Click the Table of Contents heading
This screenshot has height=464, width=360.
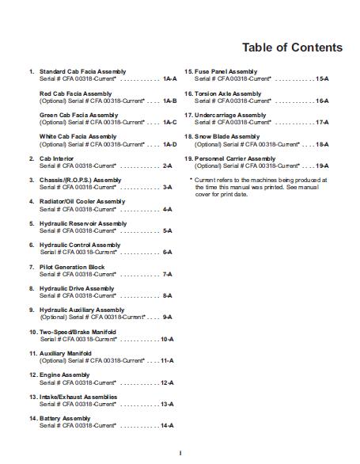(292, 48)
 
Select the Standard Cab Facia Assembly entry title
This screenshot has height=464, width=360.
(82, 72)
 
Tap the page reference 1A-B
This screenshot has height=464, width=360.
(169, 101)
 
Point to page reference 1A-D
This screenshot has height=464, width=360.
(169, 144)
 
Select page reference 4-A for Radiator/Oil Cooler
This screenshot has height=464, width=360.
(168, 209)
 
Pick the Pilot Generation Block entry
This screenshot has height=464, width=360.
(72, 267)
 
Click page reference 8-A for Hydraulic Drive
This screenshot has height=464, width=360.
(168, 295)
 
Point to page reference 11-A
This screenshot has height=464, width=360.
(166, 360)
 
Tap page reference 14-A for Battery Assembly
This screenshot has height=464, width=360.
(166, 425)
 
